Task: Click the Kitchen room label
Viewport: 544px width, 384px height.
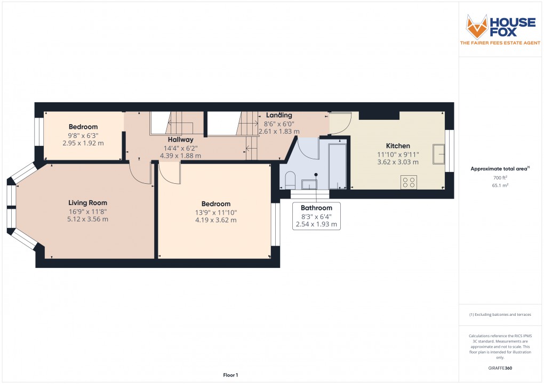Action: tap(398, 146)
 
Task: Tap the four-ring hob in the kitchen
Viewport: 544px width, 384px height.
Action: tap(409, 183)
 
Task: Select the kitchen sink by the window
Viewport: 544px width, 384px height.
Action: tap(440, 154)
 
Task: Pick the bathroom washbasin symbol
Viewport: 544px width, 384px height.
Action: tap(309, 184)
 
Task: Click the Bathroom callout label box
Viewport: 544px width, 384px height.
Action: tap(316, 216)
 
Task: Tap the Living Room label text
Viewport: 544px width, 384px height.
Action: tap(87, 202)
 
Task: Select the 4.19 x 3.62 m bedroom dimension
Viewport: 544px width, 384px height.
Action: tap(216, 220)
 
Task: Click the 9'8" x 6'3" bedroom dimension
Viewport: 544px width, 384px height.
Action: tap(83, 135)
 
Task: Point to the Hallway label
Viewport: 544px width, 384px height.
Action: tap(180, 140)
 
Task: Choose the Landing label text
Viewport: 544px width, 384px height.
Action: tap(279, 115)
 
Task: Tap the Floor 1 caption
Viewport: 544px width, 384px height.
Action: tap(230, 375)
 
